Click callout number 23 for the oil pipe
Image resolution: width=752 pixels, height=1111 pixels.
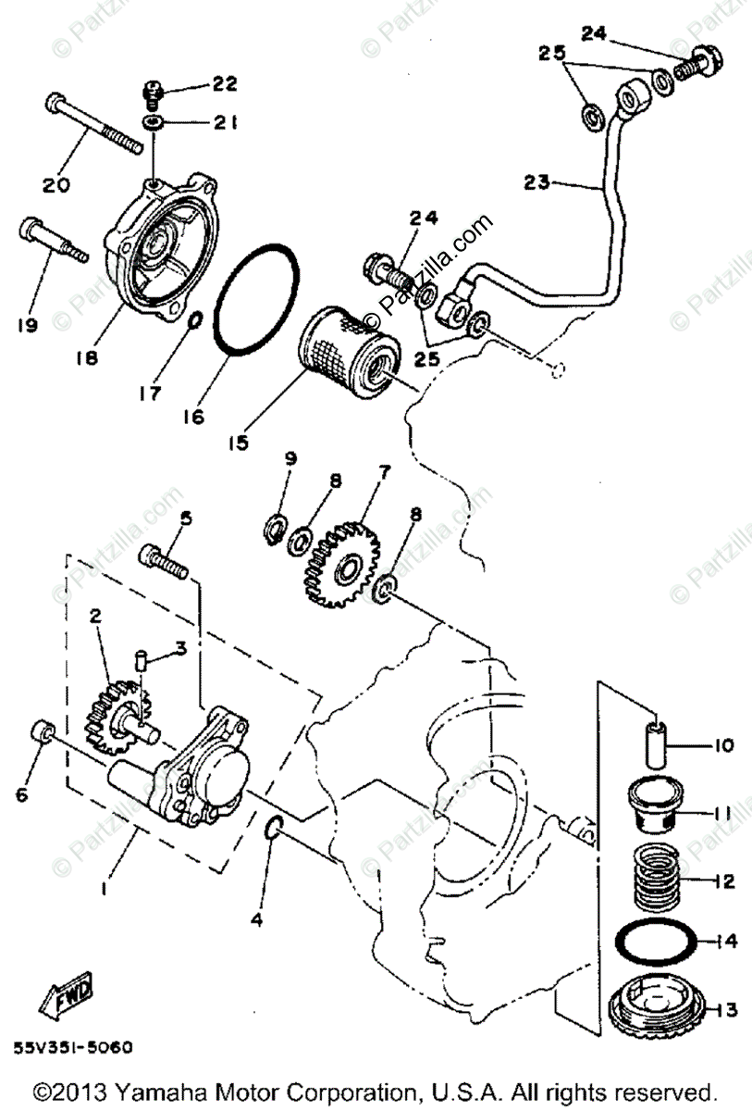coord(536,183)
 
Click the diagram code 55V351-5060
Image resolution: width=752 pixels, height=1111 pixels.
coord(73,1048)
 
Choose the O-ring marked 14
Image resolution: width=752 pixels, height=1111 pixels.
coord(654,942)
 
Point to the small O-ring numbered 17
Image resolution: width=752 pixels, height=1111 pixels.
coord(195,320)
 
